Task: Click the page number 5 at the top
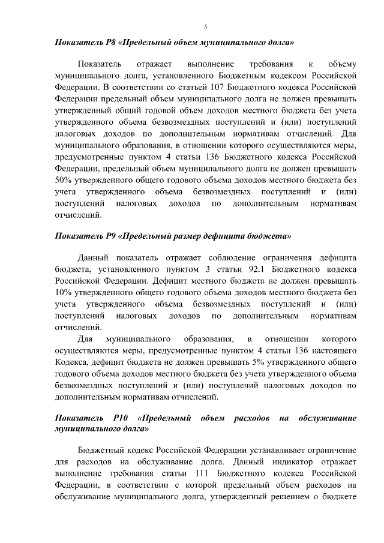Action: point(206,28)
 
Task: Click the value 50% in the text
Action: point(63,180)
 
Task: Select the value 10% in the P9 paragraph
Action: point(63,292)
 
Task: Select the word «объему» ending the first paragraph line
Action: point(343,63)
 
